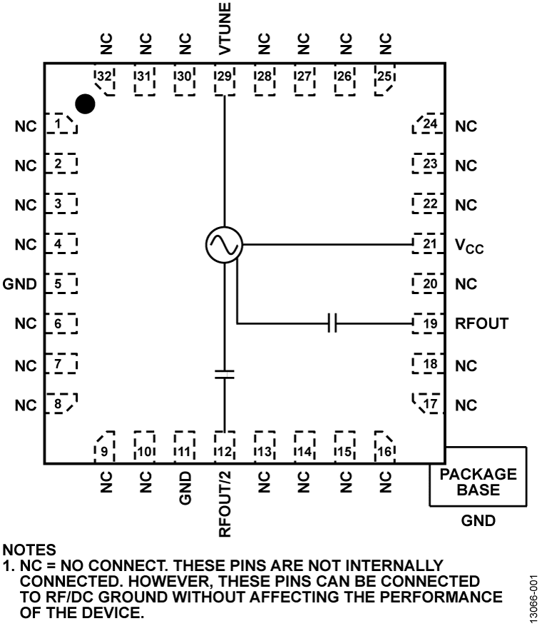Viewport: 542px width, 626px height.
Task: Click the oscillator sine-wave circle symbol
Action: point(224,244)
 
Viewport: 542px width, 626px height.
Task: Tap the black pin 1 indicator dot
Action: point(86,104)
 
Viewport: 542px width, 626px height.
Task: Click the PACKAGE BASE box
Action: point(478,482)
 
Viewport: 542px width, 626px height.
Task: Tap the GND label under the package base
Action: point(478,522)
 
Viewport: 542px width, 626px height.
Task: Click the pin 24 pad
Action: point(429,125)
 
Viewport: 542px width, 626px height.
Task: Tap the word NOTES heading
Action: point(28,551)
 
